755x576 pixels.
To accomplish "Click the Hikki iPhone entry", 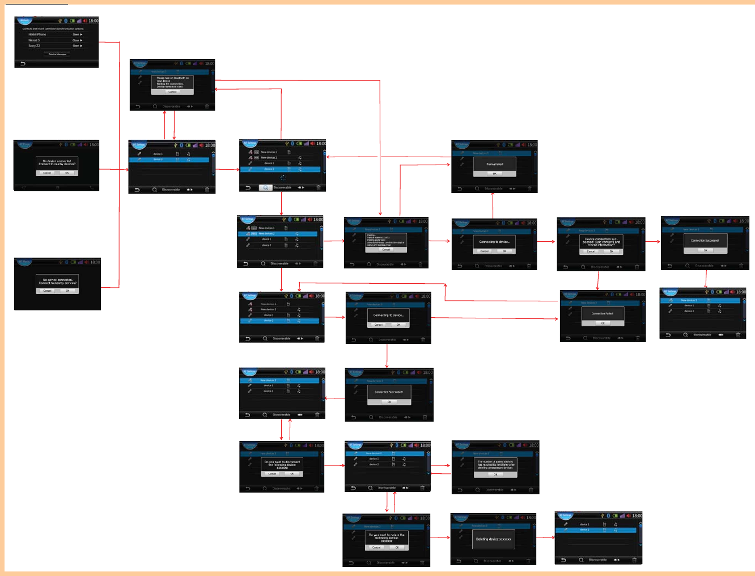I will (x=37, y=35).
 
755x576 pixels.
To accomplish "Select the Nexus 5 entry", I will (x=34, y=40).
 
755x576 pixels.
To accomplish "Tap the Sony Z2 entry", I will (x=34, y=46).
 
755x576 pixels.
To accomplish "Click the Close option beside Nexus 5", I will (x=77, y=40).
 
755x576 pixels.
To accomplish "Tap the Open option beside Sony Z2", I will (x=77, y=46).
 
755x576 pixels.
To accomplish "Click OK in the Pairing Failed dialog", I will (x=494, y=174).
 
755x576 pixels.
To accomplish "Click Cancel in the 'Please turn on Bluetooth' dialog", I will (x=172, y=92).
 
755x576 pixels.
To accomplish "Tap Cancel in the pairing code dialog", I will (x=386, y=250).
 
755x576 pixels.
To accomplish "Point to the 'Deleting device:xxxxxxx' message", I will (x=493, y=539).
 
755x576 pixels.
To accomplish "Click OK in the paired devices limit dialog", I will (x=495, y=474).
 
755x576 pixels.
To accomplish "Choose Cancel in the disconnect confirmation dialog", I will (x=272, y=473).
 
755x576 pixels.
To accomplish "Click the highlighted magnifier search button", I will (x=265, y=188).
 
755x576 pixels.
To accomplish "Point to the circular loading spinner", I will (x=282, y=178).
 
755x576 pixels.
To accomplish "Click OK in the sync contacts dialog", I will (x=611, y=251).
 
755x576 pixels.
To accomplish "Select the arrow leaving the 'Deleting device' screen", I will (x=545, y=537).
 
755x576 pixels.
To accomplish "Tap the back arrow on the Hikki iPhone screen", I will (x=23, y=64).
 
